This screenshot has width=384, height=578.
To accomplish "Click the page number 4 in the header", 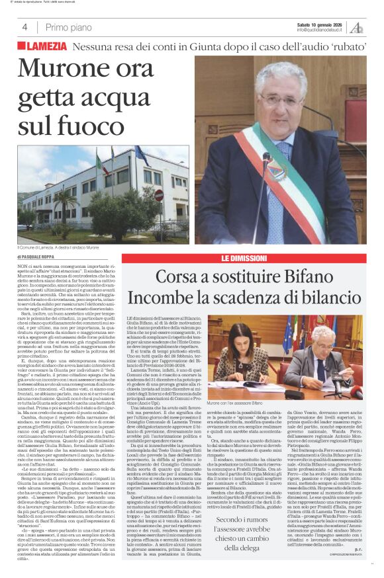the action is point(24,27).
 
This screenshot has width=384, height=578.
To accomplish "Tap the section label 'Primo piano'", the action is point(68,27).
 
